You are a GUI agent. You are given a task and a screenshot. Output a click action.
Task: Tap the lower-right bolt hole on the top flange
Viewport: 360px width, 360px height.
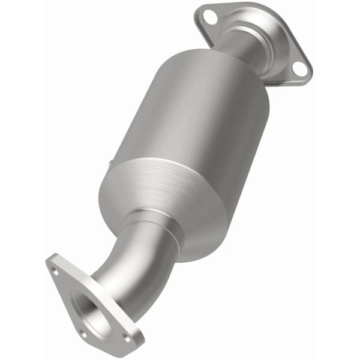(x=298, y=70)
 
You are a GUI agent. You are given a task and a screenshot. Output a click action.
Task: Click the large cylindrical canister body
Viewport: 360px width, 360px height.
(x=180, y=114)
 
